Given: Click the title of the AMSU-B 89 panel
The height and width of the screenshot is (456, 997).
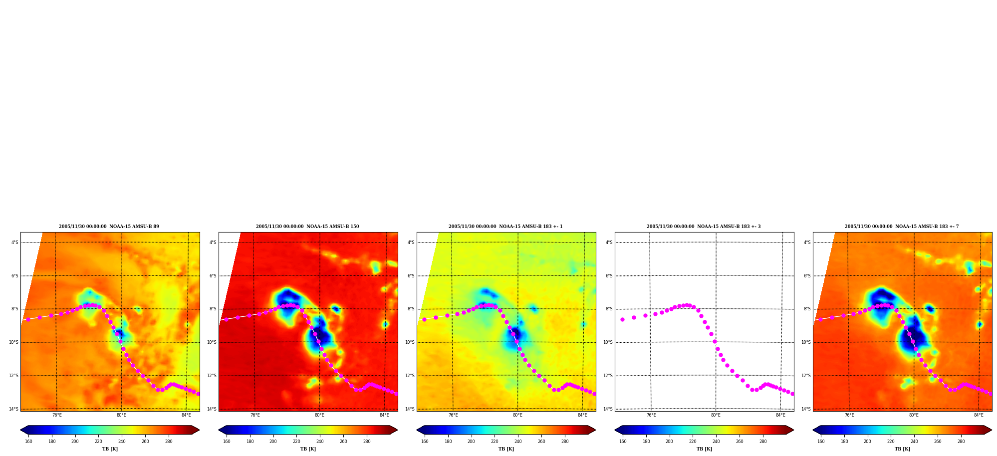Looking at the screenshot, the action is pos(109,227).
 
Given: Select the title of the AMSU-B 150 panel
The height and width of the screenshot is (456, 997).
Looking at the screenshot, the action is pos(307,227).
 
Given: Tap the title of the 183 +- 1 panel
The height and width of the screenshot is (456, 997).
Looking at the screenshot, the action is pos(505,227).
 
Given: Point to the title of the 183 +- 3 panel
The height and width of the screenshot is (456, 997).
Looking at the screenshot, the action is pos(704,227).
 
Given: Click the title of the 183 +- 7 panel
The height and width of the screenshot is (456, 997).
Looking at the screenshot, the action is pos(902,227).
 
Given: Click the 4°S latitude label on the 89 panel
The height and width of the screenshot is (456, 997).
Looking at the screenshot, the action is pos(15,243).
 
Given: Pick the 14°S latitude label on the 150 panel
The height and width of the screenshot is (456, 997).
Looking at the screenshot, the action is pos(212,409).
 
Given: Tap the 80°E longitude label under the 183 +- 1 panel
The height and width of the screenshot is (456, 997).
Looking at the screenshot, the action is pos(517,415).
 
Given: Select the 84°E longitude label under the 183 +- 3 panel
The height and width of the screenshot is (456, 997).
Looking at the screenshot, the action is pos(780,415).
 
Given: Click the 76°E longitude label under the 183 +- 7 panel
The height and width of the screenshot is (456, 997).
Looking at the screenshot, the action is pos(849,415).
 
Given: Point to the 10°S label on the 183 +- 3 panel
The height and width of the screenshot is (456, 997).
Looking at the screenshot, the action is pos(608,342).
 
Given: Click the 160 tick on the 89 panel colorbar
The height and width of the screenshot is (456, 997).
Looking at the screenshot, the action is pos(28,442).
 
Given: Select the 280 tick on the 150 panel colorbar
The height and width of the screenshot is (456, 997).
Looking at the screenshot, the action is pos(367,442).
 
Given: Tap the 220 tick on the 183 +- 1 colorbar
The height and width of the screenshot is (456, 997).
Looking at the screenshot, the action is pos(495,442).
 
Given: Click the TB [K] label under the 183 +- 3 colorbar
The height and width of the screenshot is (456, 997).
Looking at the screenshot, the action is pos(704,449).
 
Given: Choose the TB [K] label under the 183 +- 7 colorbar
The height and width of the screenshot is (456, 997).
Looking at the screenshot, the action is pos(902,449).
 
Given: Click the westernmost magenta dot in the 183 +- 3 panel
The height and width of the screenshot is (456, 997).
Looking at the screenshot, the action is pos(622,319).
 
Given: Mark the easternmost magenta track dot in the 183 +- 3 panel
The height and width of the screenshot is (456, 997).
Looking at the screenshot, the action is pos(792,394).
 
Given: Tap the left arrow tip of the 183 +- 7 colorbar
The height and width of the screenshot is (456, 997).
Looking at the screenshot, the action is pos(813,430).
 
